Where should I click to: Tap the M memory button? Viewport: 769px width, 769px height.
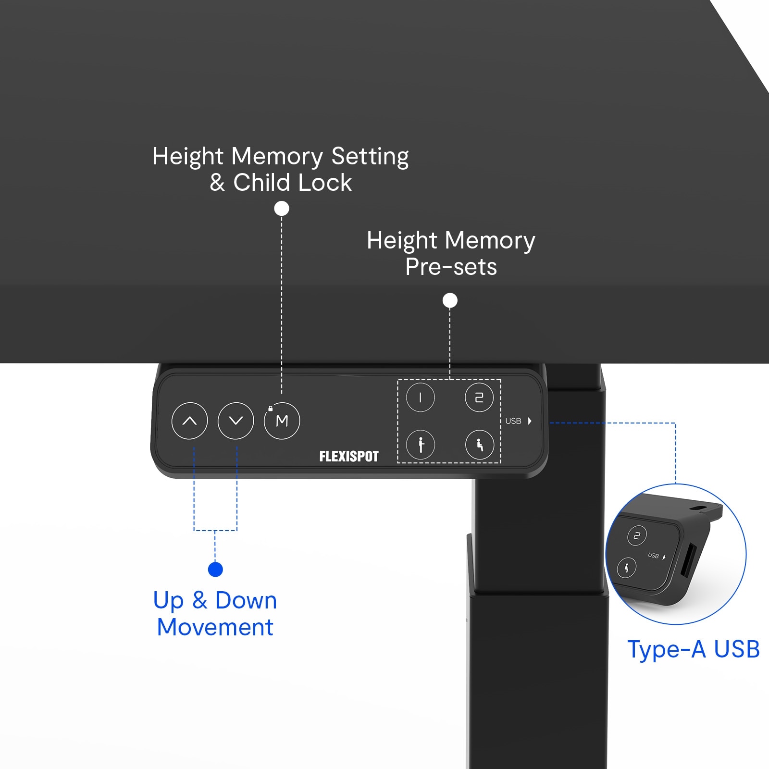[x=282, y=421]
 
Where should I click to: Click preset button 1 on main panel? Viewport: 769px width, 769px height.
[x=421, y=397]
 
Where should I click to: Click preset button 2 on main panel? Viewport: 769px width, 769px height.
[x=479, y=397]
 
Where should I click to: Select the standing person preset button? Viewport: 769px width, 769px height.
[x=421, y=445]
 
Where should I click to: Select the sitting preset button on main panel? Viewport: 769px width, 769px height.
[x=479, y=445]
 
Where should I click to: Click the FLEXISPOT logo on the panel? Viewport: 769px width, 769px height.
[x=349, y=456]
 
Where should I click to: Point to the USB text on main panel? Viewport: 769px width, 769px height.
[x=513, y=421]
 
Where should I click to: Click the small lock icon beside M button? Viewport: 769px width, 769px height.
[x=270, y=409]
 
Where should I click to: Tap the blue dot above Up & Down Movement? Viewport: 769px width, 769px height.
[x=215, y=570]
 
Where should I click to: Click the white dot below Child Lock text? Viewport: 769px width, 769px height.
[x=282, y=209]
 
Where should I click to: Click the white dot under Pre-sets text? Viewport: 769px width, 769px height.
[x=450, y=300]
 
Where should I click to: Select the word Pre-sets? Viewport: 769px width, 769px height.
[x=451, y=267]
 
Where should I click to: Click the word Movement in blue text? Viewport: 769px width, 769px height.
[x=215, y=627]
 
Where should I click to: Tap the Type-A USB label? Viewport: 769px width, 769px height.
[x=693, y=649]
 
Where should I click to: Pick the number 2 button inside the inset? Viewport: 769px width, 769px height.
[x=637, y=535]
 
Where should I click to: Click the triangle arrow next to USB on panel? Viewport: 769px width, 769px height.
[x=530, y=421]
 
